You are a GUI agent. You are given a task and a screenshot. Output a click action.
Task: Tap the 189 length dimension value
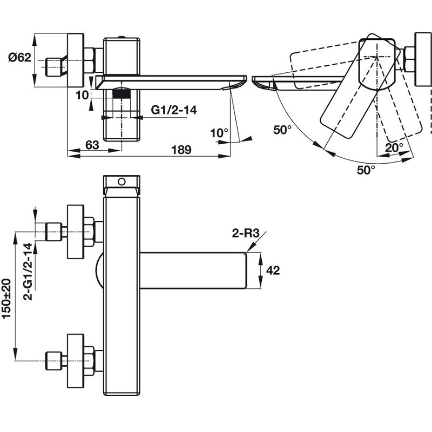(x=181, y=150)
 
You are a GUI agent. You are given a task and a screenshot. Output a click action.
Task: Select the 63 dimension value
(x=92, y=145)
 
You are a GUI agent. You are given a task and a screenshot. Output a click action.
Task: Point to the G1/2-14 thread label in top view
(x=173, y=110)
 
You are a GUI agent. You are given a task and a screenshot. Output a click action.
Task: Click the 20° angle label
(x=394, y=146)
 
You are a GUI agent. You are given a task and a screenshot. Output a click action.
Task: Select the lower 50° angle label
(x=365, y=170)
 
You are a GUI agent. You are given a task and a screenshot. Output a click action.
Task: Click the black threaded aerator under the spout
(x=124, y=92)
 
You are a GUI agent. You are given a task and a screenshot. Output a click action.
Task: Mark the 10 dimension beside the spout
(x=81, y=95)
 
